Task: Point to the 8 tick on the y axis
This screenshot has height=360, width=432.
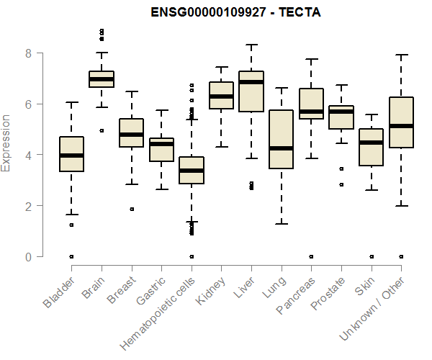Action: point(28,53)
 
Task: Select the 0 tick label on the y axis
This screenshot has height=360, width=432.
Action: point(28,256)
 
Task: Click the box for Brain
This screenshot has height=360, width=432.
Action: point(102,79)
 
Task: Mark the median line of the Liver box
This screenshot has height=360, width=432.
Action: point(251,82)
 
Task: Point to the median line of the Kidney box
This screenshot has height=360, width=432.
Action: point(221,96)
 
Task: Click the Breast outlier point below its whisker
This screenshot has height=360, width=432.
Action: point(132,209)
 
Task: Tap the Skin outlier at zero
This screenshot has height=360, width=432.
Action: point(371,256)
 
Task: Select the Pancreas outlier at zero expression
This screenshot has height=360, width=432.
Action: point(311,256)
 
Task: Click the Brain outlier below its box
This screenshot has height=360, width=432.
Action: point(102,130)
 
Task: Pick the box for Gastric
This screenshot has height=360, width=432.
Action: point(161,150)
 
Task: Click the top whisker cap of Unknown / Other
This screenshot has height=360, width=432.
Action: point(401,55)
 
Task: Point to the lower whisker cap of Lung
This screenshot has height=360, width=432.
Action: point(281,224)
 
